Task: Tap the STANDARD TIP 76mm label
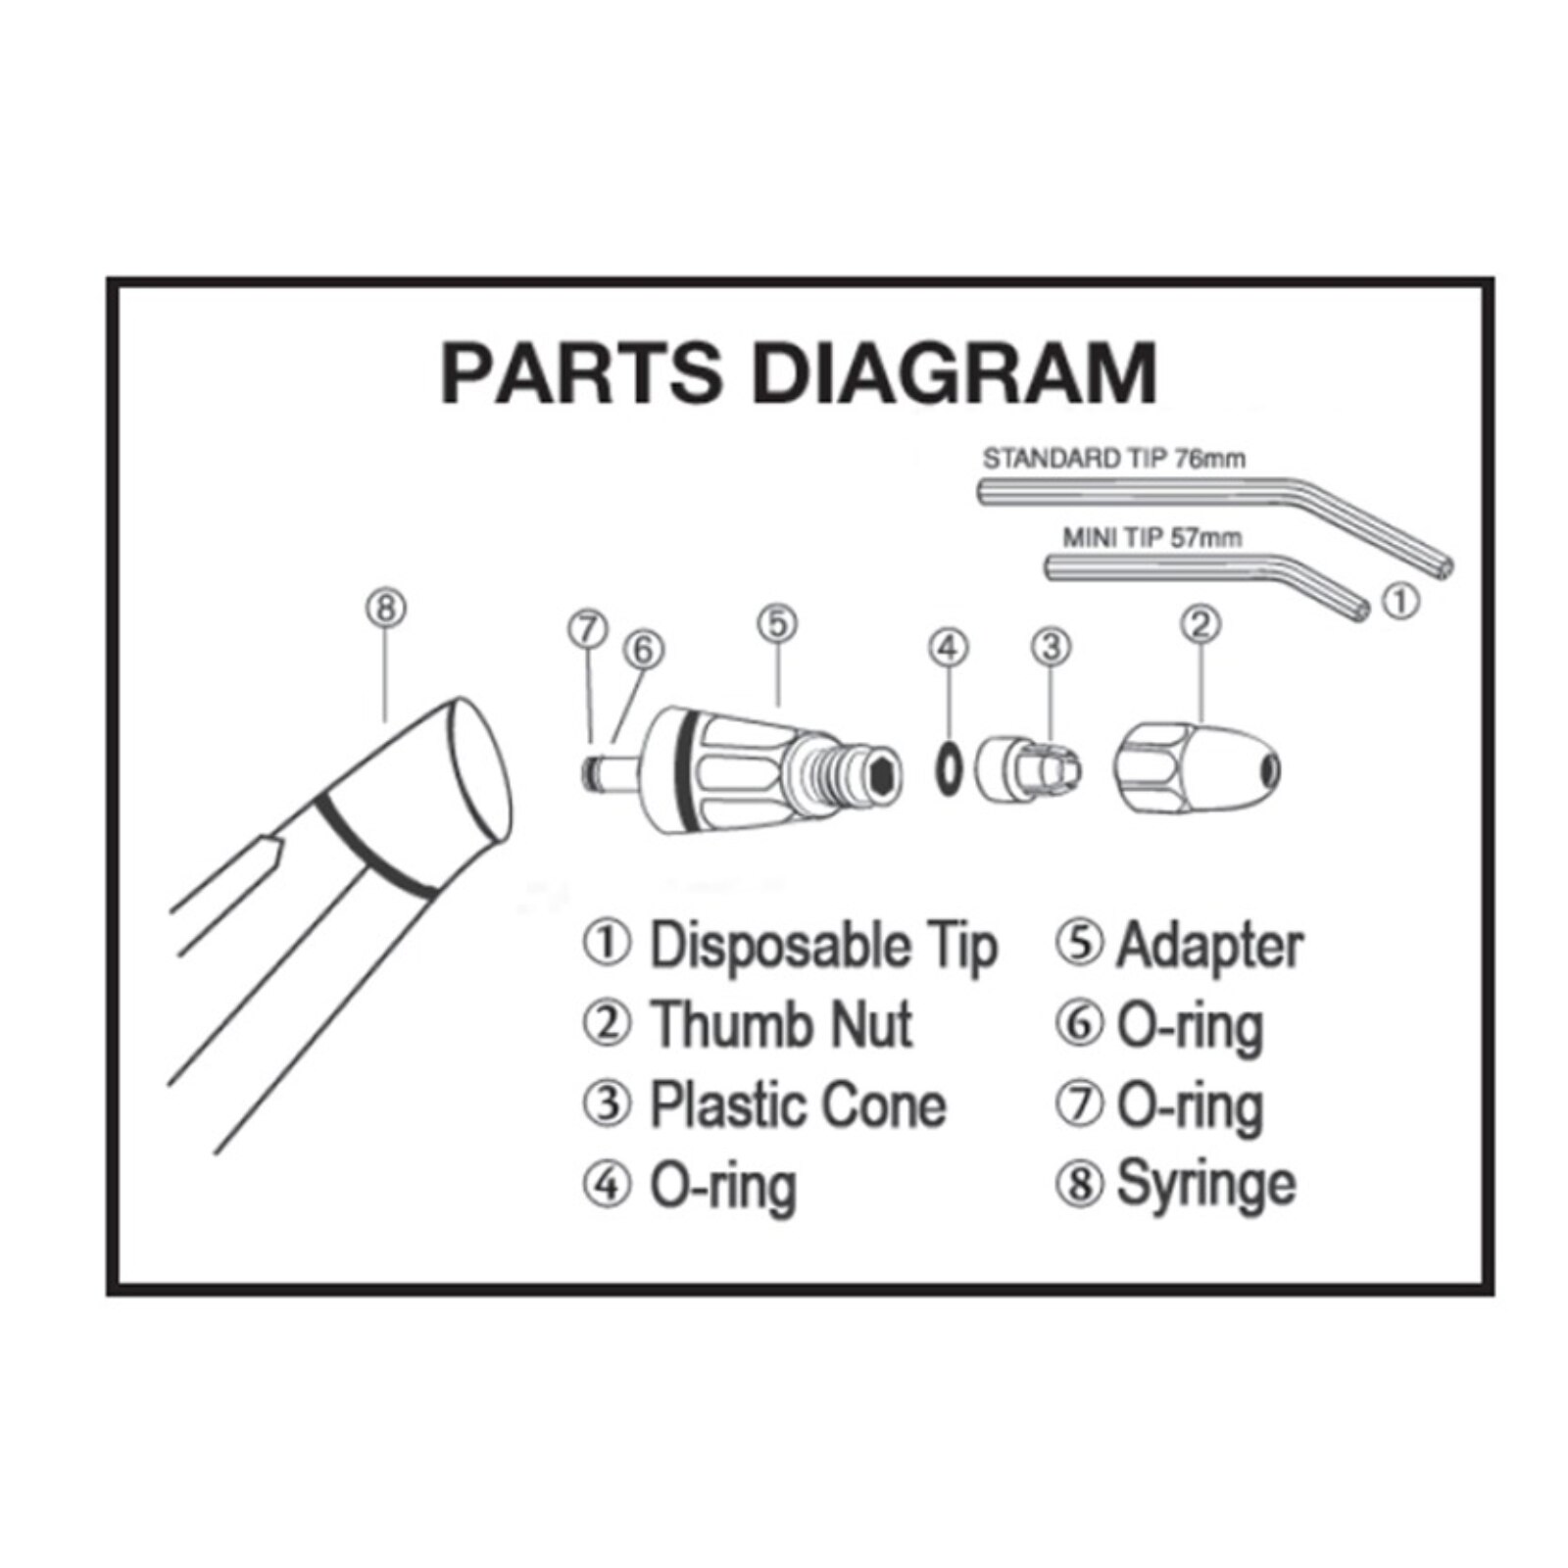(x=1113, y=459)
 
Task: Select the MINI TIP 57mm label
(x=1151, y=537)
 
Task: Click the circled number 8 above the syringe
(x=385, y=608)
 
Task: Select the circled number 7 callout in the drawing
(x=588, y=628)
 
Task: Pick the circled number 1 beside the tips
(x=1400, y=601)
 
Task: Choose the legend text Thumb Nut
(x=781, y=1024)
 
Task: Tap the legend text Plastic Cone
(x=798, y=1104)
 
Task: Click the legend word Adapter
(x=1209, y=946)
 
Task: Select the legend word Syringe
(x=1205, y=1184)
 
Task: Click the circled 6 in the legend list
(x=1079, y=1024)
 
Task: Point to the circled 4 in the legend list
(x=608, y=1185)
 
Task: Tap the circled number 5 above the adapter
(x=777, y=623)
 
